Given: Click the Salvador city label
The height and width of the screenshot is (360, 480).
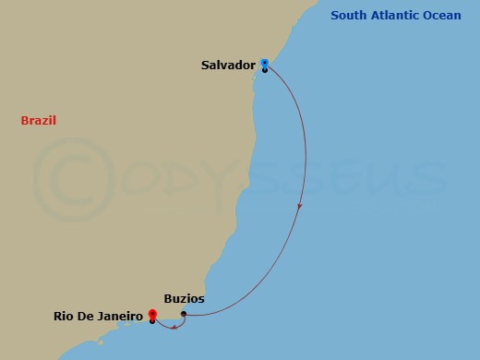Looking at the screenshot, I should pyautogui.click(x=228, y=66).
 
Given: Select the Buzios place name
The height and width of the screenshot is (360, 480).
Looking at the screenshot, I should pyautogui.click(x=183, y=299).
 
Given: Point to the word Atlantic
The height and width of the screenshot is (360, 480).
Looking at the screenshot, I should pyautogui.click(x=398, y=15).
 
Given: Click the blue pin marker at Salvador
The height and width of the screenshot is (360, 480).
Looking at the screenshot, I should pyautogui.click(x=265, y=64).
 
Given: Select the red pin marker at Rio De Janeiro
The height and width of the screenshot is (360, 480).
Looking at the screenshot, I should pyautogui.click(x=151, y=315).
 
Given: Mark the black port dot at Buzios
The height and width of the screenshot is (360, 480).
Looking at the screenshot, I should pyautogui.click(x=184, y=314).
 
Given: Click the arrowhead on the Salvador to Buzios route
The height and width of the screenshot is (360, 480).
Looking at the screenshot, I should pyautogui.click(x=300, y=210).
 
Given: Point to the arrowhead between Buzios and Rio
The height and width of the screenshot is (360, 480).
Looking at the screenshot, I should pyautogui.click(x=172, y=325).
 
